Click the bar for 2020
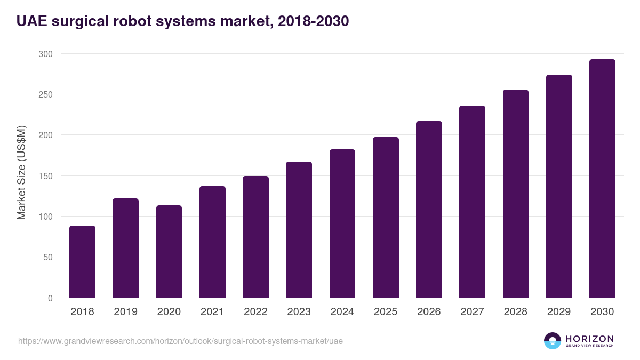pos(169,251)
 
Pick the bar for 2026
pos(429,209)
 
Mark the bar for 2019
pos(125,248)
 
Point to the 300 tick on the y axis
pos(45,54)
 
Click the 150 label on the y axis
pos(45,176)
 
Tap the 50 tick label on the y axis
pos(47,257)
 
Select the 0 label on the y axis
pos(50,298)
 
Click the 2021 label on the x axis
pos(212,312)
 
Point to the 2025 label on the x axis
pos(386,312)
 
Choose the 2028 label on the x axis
pos(516,312)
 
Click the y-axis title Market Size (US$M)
pos(21,173)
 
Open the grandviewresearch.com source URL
pos(180,341)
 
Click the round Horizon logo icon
pos(552,341)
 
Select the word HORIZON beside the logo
pos(589,339)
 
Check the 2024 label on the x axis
pos(342,312)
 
